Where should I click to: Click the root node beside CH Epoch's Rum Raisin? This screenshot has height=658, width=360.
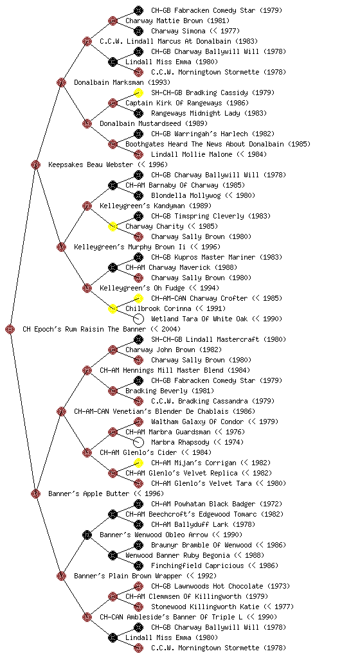pyautogui.click(x=10, y=329)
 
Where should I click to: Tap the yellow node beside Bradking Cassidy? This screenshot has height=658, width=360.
pyautogui.click(x=138, y=93)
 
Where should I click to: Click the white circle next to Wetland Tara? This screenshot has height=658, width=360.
pyautogui.click(x=138, y=319)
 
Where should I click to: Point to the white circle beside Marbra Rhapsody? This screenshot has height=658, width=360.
pyautogui.click(x=138, y=442)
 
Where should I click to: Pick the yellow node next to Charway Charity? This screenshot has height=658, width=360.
pyautogui.click(x=113, y=226)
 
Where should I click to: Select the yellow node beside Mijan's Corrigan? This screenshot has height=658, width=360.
pyautogui.click(x=138, y=463)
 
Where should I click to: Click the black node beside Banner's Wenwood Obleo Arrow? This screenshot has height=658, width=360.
pyautogui.click(x=87, y=535)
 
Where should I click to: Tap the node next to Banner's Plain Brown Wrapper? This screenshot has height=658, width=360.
pyautogui.click(x=61, y=576)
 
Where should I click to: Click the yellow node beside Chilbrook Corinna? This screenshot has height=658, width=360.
pyautogui.click(x=113, y=308)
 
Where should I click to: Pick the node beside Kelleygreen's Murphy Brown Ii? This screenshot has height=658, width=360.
pyautogui.click(x=61, y=247)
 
